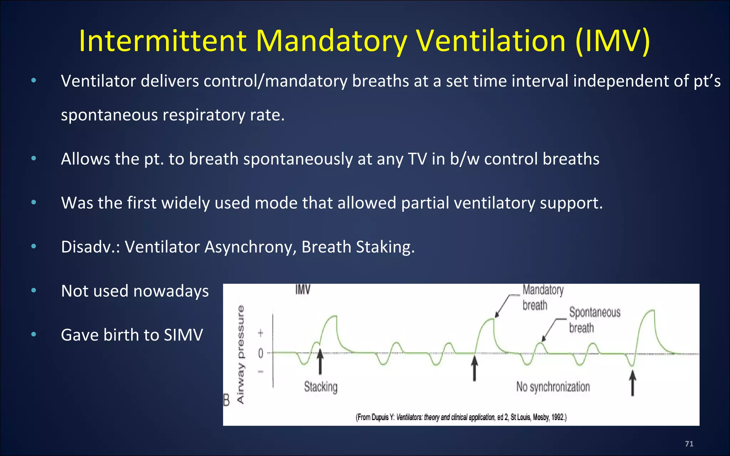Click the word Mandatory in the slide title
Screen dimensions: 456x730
(x=331, y=41)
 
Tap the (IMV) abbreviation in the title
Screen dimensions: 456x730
(x=613, y=41)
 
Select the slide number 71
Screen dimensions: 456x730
(x=689, y=444)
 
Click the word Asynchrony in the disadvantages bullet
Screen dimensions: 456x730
(x=248, y=247)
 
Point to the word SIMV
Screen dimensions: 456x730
(x=183, y=335)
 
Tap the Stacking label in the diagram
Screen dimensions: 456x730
(x=320, y=387)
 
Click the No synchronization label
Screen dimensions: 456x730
(x=553, y=387)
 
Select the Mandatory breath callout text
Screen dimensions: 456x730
(x=542, y=297)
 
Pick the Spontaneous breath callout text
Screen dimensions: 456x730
(x=594, y=320)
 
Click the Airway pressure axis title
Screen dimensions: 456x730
(x=241, y=354)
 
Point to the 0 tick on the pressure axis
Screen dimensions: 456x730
(x=261, y=353)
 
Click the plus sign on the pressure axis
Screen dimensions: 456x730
(x=261, y=333)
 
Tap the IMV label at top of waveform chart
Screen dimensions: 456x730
(x=303, y=290)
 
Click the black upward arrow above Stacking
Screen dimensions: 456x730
(x=320, y=362)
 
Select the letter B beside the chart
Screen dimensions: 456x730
(x=227, y=400)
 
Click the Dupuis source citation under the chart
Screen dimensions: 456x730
(x=461, y=417)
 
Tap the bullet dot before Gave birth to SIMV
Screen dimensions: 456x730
(x=34, y=335)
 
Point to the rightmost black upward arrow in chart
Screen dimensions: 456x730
(x=632, y=383)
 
